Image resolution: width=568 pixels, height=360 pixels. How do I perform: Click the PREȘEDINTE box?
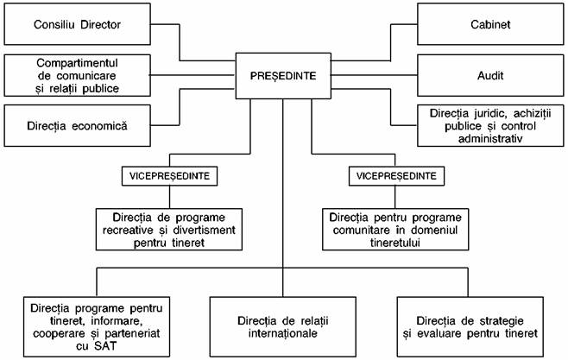pos(283,76)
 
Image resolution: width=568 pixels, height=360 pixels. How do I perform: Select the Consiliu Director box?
pos(77,24)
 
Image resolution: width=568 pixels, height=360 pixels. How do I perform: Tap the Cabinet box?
pos(490,24)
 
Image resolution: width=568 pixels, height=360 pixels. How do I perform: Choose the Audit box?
pos(490,75)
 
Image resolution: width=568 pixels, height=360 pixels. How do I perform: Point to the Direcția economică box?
pos(77,126)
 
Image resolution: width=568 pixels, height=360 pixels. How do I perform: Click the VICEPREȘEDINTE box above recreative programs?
pos(169,176)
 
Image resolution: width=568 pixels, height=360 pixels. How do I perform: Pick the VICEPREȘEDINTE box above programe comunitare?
pos(396,176)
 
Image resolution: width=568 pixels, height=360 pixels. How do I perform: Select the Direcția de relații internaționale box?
pos(283,327)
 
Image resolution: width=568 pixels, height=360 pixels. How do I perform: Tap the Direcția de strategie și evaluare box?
pos(470,327)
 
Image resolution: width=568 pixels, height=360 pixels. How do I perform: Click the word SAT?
pos(105,346)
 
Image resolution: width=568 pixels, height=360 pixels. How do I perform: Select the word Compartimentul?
pos(77,63)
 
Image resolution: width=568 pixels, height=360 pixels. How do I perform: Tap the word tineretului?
pos(395,243)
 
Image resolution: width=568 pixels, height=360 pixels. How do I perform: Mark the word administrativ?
pos(490,139)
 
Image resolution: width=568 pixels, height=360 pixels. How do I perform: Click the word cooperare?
pos(54,333)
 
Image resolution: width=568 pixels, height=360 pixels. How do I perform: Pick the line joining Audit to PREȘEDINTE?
pos(374,75)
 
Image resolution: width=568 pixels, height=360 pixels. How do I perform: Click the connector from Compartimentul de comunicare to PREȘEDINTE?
pos(193,75)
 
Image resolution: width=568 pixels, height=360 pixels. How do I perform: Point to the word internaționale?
pos(283,333)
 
